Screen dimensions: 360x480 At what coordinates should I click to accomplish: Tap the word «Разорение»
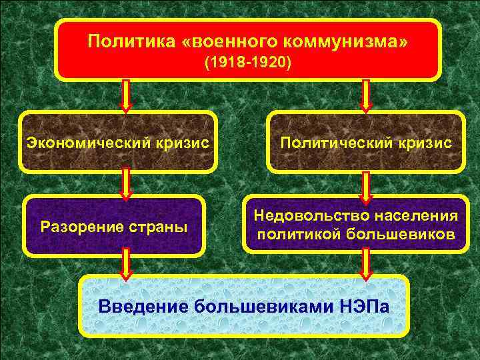[x=81, y=227]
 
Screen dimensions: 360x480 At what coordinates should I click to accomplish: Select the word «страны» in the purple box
[x=159, y=227]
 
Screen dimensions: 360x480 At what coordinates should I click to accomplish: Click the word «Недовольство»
[x=309, y=216]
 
